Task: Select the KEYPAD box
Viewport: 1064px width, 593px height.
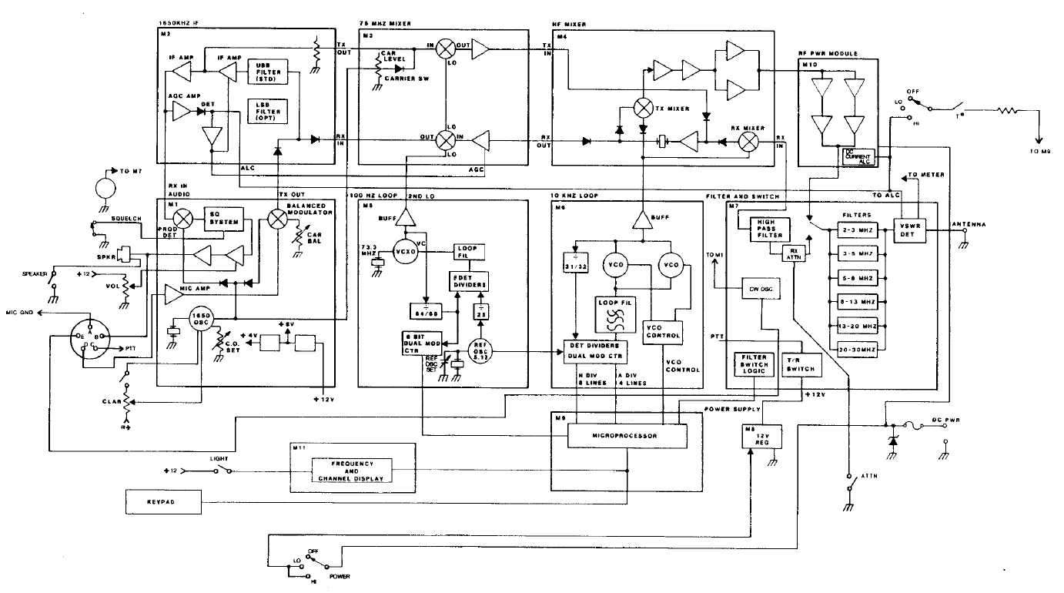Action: pyautogui.click(x=162, y=502)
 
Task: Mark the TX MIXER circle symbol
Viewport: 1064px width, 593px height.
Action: pyautogui.click(x=643, y=109)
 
